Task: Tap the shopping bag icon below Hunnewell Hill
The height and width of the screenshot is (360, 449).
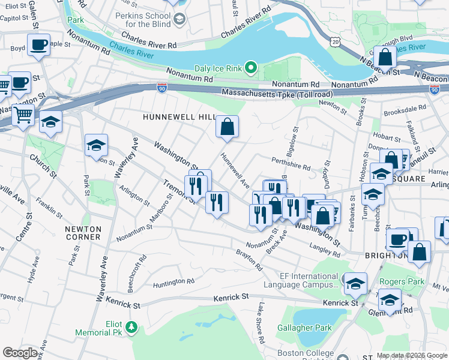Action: click(228, 127)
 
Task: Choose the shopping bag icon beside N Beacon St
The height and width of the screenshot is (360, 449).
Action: click(385, 58)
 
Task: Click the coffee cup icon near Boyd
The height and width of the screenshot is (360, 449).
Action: click(39, 44)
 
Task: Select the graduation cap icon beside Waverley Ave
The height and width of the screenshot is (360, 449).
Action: click(96, 145)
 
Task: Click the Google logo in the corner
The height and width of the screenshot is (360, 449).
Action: click(20, 353)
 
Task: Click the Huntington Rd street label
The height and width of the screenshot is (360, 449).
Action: click(173, 281)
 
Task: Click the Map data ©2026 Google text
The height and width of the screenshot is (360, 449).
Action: click(412, 355)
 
